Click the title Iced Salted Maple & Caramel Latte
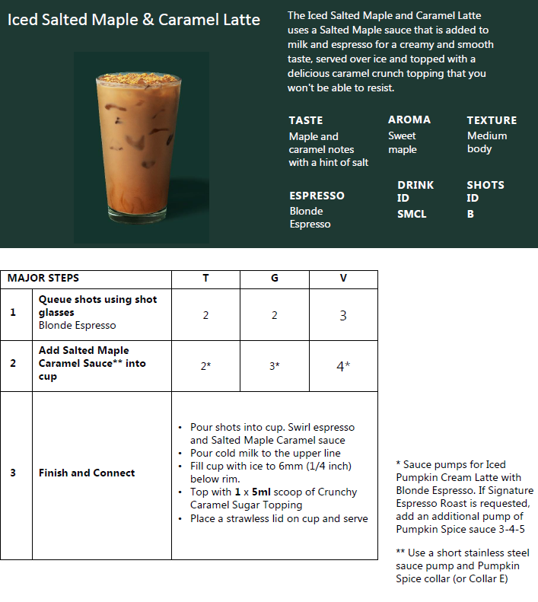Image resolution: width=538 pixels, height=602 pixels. pyautogui.click(x=133, y=20)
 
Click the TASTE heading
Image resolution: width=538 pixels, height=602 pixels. pyautogui.click(x=306, y=120)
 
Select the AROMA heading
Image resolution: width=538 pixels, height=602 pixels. pyautogui.click(x=409, y=119)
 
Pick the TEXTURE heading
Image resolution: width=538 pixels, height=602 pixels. pyautogui.click(x=492, y=120)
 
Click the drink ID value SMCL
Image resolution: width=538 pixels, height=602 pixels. pyautogui.click(x=412, y=214)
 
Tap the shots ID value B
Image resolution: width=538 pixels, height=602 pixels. pyautogui.click(x=470, y=214)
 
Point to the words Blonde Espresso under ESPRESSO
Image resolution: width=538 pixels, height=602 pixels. pyautogui.click(x=310, y=218)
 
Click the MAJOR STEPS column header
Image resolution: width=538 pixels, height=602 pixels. pyautogui.click(x=43, y=278)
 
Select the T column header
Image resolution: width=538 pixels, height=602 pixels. pyautogui.click(x=205, y=278)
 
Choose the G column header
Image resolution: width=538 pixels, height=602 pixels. pyautogui.click(x=275, y=278)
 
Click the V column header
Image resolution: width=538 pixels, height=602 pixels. pyautogui.click(x=343, y=278)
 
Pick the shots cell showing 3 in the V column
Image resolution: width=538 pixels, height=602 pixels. pyautogui.click(x=343, y=315)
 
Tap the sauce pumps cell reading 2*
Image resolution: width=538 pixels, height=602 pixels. pyautogui.click(x=205, y=366)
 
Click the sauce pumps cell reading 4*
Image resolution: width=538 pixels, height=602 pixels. pyautogui.click(x=343, y=366)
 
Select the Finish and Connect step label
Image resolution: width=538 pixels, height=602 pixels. pyautogui.click(x=87, y=473)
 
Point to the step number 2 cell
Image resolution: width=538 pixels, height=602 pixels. pyautogui.click(x=13, y=363)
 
